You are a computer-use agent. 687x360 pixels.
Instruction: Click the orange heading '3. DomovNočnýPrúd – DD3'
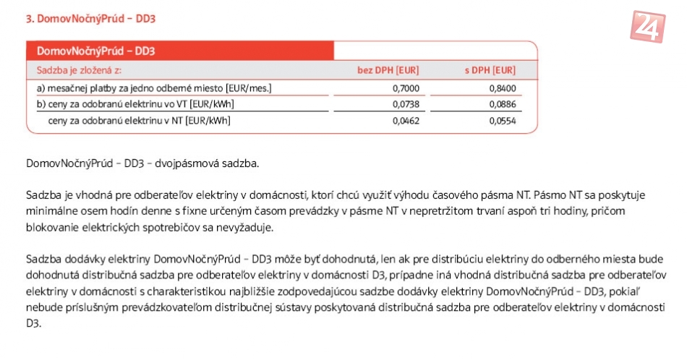click(x=90, y=18)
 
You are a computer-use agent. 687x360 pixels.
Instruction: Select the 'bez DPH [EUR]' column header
click(x=388, y=70)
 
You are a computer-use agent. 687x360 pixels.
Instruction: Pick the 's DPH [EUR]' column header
click(x=490, y=70)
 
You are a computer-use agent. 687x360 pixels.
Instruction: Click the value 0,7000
click(x=406, y=88)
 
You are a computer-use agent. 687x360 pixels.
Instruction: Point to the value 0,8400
click(x=502, y=88)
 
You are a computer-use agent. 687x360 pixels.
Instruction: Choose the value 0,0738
click(x=406, y=104)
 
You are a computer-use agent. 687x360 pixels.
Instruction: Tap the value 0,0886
click(x=502, y=104)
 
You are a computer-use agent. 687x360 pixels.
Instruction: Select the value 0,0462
click(x=406, y=121)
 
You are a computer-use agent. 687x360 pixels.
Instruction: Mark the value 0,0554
click(x=502, y=121)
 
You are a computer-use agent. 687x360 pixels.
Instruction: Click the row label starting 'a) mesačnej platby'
click(x=154, y=88)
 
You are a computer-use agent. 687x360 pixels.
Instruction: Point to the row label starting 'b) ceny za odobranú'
click(x=135, y=104)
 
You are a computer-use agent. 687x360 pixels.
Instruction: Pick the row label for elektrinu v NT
click(x=139, y=121)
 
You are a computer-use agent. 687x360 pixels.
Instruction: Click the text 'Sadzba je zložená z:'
click(x=79, y=70)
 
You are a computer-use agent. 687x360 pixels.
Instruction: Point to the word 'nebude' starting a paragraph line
click(x=40, y=307)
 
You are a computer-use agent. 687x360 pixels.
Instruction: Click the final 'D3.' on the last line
click(x=33, y=323)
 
